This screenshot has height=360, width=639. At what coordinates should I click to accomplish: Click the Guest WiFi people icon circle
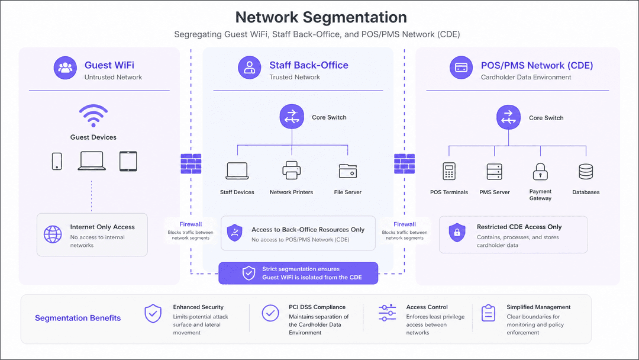pos(65,67)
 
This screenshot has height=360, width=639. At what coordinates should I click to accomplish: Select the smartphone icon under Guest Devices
pos(57,161)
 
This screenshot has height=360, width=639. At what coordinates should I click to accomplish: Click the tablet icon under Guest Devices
pos(128,161)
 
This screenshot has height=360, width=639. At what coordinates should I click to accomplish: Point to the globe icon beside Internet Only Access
pos(53,234)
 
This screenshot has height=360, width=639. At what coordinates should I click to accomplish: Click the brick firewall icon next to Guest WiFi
pos(191,163)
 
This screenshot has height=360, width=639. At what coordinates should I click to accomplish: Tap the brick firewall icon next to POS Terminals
pos(404,163)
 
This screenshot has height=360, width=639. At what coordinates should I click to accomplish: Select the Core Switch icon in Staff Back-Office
pos(292,117)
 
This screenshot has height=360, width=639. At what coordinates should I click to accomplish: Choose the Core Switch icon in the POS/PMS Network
pos(509,117)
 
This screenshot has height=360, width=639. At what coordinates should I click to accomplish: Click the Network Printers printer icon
pos(291,171)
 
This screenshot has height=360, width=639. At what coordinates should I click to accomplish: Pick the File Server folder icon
pos(348,171)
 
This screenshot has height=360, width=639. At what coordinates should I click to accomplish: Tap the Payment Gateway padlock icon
pos(540,171)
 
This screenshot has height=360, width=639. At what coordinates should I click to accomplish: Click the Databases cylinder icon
pos(586,172)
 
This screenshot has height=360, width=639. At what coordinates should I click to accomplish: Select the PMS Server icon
pos(494,172)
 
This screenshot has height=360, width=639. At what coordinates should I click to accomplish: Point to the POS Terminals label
pos(449,192)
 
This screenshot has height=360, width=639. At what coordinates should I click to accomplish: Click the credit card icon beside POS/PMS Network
pos(461,67)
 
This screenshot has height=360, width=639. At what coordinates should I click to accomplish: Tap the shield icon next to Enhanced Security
pos(153,314)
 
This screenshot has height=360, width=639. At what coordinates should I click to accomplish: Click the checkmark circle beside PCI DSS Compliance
pos(270,313)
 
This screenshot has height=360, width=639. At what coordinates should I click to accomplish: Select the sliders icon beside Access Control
pos(387,313)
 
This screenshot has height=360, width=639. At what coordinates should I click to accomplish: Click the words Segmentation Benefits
pos(78,318)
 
